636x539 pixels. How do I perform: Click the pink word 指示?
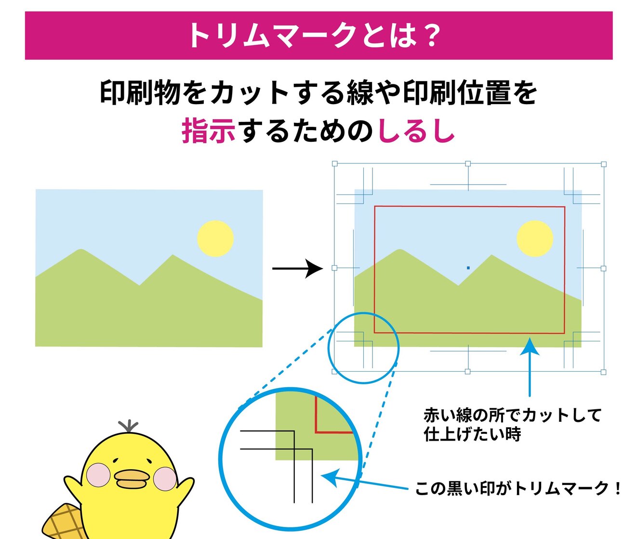coord(209,131)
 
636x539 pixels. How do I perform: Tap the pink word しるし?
coord(416,131)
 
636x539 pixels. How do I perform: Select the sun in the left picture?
coord(215,239)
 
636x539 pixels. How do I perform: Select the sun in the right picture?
coord(535,239)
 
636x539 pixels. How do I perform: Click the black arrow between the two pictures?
coord(297,269)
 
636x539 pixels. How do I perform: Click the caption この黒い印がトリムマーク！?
coord(518,488)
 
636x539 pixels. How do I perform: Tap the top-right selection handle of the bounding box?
coord(604,164)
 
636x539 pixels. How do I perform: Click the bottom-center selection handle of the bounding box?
coord(467,372)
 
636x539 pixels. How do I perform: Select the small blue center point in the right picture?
coord(468,268)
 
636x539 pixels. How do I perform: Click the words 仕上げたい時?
coord(472,434)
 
